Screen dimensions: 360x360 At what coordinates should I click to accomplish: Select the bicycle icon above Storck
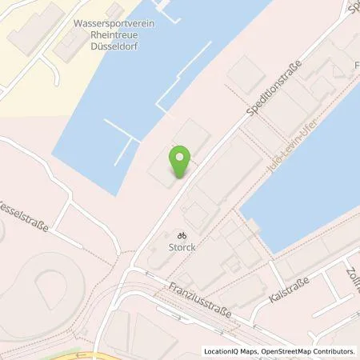(181, 236)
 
